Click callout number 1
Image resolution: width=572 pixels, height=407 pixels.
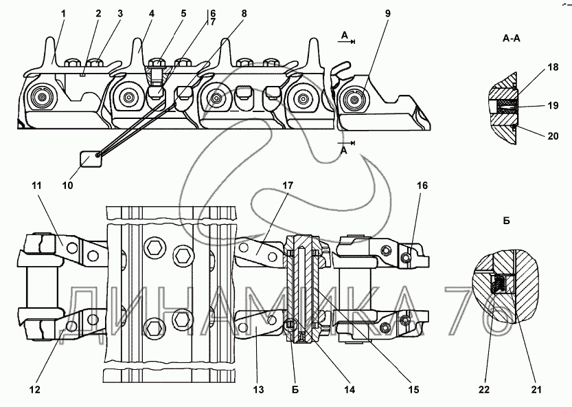click(63, 14)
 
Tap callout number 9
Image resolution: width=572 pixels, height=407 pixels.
click(387, 14)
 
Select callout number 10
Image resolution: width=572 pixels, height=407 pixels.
click(67, 186)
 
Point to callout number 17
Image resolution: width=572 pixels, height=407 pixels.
click(288, 186)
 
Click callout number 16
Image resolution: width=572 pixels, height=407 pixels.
click(422, 186)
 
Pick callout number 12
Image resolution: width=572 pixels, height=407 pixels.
click(34, 390)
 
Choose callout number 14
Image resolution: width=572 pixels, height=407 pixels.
click(350, 390)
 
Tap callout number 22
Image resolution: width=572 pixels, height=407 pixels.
click(484, 390)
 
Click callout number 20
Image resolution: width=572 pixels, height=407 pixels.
click(553, 136)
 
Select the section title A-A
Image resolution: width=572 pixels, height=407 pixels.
click(512, 38)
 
